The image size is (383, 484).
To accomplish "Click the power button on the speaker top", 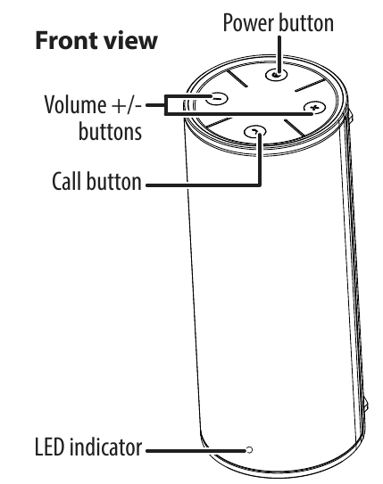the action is [x=277, y=74].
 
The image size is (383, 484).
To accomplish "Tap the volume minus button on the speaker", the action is [x=217, y=99].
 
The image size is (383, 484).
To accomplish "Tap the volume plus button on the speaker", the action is [x=314, y=108].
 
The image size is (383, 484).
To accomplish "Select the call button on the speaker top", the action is [x=255, y=132].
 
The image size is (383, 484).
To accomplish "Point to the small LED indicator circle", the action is [x=249, y=450].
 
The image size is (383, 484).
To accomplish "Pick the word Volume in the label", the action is [x=75, y=104].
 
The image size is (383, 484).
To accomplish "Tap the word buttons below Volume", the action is [x=110, y=132].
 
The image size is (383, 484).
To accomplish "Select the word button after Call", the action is [x=113, y=181].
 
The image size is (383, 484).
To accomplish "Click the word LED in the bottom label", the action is [x=49, y=447].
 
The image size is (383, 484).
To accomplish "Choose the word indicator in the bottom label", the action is [x=105, y=447].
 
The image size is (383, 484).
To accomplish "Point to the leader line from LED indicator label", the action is [x=196, y=451].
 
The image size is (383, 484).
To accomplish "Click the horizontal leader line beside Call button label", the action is [x=204, y=185].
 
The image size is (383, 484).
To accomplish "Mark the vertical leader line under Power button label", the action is [x=279, y=55].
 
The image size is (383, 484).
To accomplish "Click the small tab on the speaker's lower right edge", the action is [x=366, y=405].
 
